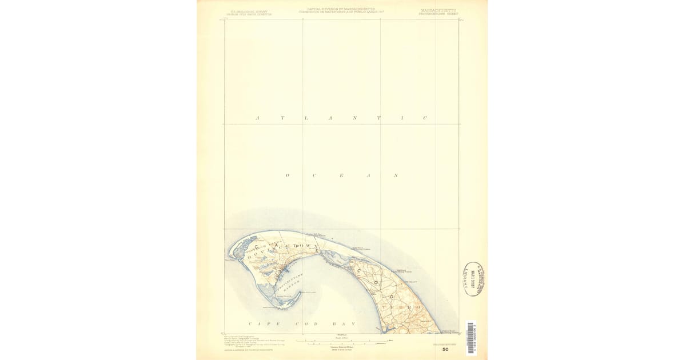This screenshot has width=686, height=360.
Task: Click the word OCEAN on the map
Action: tap(341, 175)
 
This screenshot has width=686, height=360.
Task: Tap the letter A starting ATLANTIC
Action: tap(257, 118)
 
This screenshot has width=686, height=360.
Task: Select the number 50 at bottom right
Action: tap(445, 349)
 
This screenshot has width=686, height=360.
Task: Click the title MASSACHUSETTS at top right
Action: tap(439, 10)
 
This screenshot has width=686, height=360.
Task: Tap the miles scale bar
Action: tap(341, 341)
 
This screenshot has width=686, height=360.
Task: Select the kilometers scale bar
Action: tap(341, 344)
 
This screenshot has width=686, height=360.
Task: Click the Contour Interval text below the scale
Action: tap(341, 348)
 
